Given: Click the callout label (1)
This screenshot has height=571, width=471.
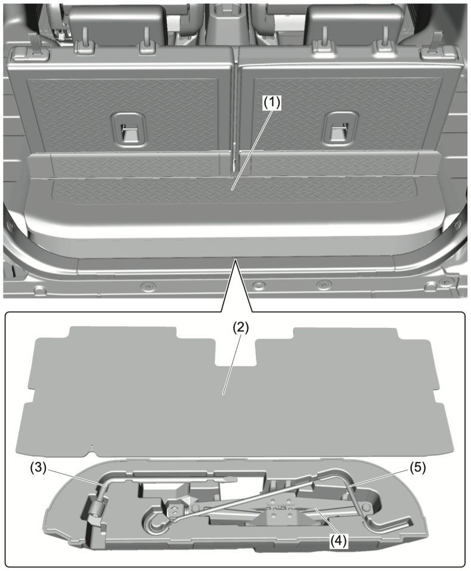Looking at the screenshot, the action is (272, 104).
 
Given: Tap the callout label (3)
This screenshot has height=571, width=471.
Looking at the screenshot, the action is (38, 468).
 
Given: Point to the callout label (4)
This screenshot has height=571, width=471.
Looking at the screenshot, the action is (339, 541).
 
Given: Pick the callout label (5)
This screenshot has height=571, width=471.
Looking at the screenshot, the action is (417, 468).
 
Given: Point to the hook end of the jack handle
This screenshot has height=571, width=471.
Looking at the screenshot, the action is (157, 523).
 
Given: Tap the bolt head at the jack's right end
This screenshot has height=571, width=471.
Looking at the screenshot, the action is (366, 506).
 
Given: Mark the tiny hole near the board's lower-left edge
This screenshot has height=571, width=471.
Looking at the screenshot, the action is (93, 446).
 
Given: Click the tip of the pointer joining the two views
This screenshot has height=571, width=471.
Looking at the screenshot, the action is (236, 259).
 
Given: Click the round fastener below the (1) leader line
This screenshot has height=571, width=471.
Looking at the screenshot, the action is (258, 284).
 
